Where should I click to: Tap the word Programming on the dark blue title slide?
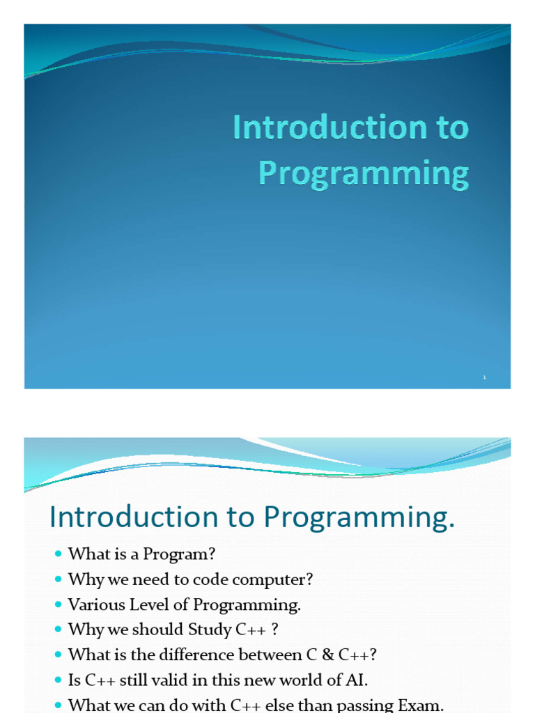(364, 173)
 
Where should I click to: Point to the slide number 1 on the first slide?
(484, 377)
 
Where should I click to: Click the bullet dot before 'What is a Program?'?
(58, 554)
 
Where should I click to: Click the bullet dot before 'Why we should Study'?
(58, 629)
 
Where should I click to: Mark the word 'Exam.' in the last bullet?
(421, 705)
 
